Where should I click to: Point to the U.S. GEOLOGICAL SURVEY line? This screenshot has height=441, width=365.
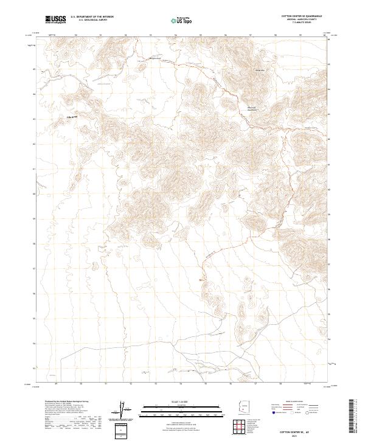(92, 21)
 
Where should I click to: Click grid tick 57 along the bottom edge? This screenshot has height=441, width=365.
(255, 384)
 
